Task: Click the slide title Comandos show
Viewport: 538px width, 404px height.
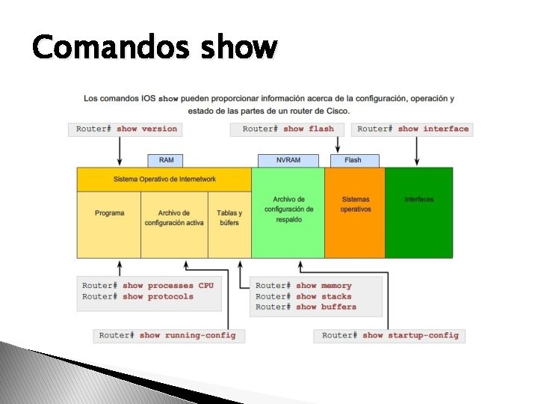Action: click(x=155, y=47)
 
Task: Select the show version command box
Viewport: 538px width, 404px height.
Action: click(x=127, y=129)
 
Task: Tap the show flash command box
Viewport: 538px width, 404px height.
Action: click(x=288, y=129)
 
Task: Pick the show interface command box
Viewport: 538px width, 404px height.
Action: click(x=412, y=129)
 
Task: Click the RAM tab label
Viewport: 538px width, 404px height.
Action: click(x=166, y=160)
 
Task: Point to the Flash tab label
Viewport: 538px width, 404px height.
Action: click(x=353, y=160)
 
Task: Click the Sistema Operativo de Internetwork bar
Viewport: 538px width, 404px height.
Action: click(x=164, y=180)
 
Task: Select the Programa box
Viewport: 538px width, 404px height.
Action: click(x=109, y=214)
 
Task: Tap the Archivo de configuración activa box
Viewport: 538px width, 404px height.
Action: click(x=173, y=218)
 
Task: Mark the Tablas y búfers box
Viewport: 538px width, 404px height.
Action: click(x=229, y=218)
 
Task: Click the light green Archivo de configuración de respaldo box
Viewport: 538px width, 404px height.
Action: click(x=288, y=210)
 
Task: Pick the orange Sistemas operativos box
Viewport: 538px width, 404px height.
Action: click(x=355, y=204)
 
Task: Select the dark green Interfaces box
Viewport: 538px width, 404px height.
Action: click(x=418, y=200)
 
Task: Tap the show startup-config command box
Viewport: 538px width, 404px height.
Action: click(x=390, y=335)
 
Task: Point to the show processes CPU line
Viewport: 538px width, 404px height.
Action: click(x=148, y=286)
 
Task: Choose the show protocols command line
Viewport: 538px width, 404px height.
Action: click(x=137, y=297)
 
